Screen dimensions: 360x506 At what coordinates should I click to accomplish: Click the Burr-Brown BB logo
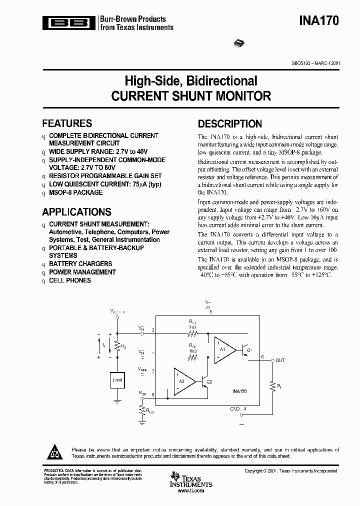69,22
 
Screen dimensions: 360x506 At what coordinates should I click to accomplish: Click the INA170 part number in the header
319,21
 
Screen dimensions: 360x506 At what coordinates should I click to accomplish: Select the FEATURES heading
67,123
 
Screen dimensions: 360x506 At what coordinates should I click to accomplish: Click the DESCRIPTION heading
230,124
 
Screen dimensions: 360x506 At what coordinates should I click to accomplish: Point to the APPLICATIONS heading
76,212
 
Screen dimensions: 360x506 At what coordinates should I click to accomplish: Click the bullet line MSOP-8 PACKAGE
75,192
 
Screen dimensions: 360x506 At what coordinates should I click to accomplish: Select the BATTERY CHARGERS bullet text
80,263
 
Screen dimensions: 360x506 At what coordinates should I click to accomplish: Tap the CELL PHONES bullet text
70,280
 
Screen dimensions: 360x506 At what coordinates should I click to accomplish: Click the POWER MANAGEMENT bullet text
82,272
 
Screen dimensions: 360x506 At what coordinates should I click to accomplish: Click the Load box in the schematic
117,379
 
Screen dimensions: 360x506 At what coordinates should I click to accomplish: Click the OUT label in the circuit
280,360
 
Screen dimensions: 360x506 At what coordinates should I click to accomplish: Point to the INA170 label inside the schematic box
239,392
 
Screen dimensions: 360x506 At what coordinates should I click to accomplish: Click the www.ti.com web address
191,491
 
